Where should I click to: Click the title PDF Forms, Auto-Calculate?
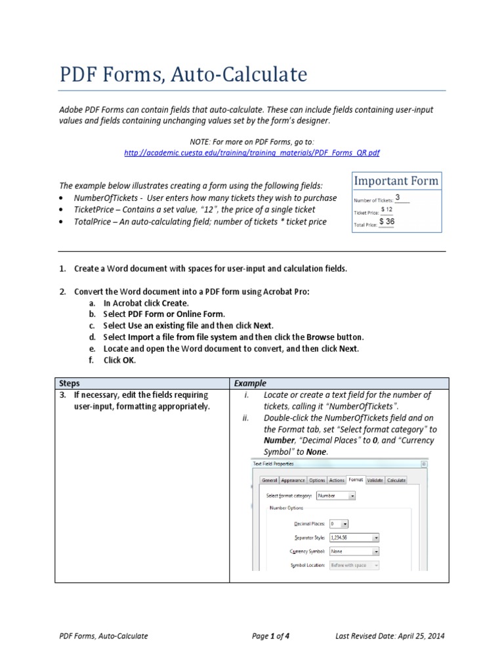(x=183, y=75)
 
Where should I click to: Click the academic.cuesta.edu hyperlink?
(x=251, y=152)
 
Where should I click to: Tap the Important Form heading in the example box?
(x=396, y=181)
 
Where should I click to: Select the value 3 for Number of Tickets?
(x=398, y=198)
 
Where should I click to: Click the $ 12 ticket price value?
(x=387, y=209)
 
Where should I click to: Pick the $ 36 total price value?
(x=387, y=222)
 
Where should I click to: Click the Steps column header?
(x=70, y=383)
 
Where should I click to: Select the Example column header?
(x=250, y=383)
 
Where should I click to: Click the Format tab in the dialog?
(x=355, y=480)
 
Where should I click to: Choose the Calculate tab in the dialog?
(x=396, y=480)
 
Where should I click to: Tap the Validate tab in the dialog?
(x=374, y=480)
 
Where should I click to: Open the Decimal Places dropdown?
(x=339, y=524)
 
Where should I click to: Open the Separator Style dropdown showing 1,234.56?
(x=354, y=537)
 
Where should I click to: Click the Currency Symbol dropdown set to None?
(x=354, y=551)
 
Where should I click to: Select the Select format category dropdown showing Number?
(x=336, y=496)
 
